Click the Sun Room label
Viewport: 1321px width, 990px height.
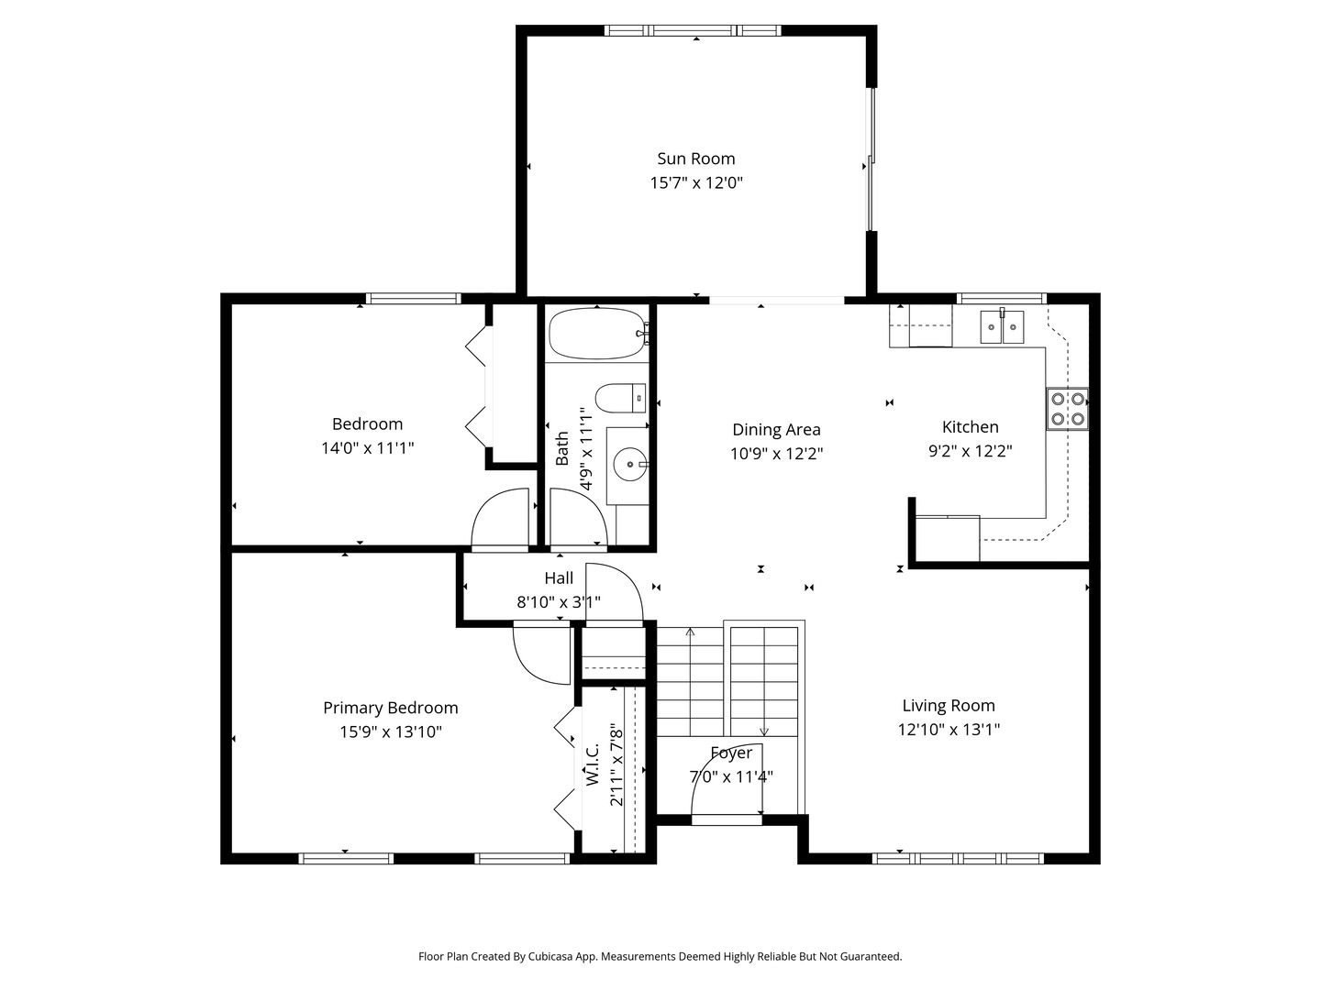(695, 159)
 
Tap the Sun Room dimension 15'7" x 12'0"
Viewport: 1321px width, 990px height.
(695, 182)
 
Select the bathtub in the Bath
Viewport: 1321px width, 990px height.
(597, 334)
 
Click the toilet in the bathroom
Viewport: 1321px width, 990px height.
(620, 399)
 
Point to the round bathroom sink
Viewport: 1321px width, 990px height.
(629, 465)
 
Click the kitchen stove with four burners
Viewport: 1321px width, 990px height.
(1067, 409)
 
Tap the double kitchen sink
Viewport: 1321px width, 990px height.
(1001, 326)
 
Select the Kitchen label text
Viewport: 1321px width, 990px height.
(970, 426)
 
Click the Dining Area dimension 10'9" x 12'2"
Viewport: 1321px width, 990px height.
(776, 453)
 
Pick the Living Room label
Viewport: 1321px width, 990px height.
(948, 705)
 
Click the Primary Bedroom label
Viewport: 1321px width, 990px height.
(390, 708)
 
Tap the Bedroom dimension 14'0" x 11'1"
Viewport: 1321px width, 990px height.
(367, 448)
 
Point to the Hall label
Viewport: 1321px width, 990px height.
(559, 577)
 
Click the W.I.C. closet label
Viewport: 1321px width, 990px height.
(593, 764)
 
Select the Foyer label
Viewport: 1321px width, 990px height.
(731, 753)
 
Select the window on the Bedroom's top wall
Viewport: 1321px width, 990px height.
(413, 298)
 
